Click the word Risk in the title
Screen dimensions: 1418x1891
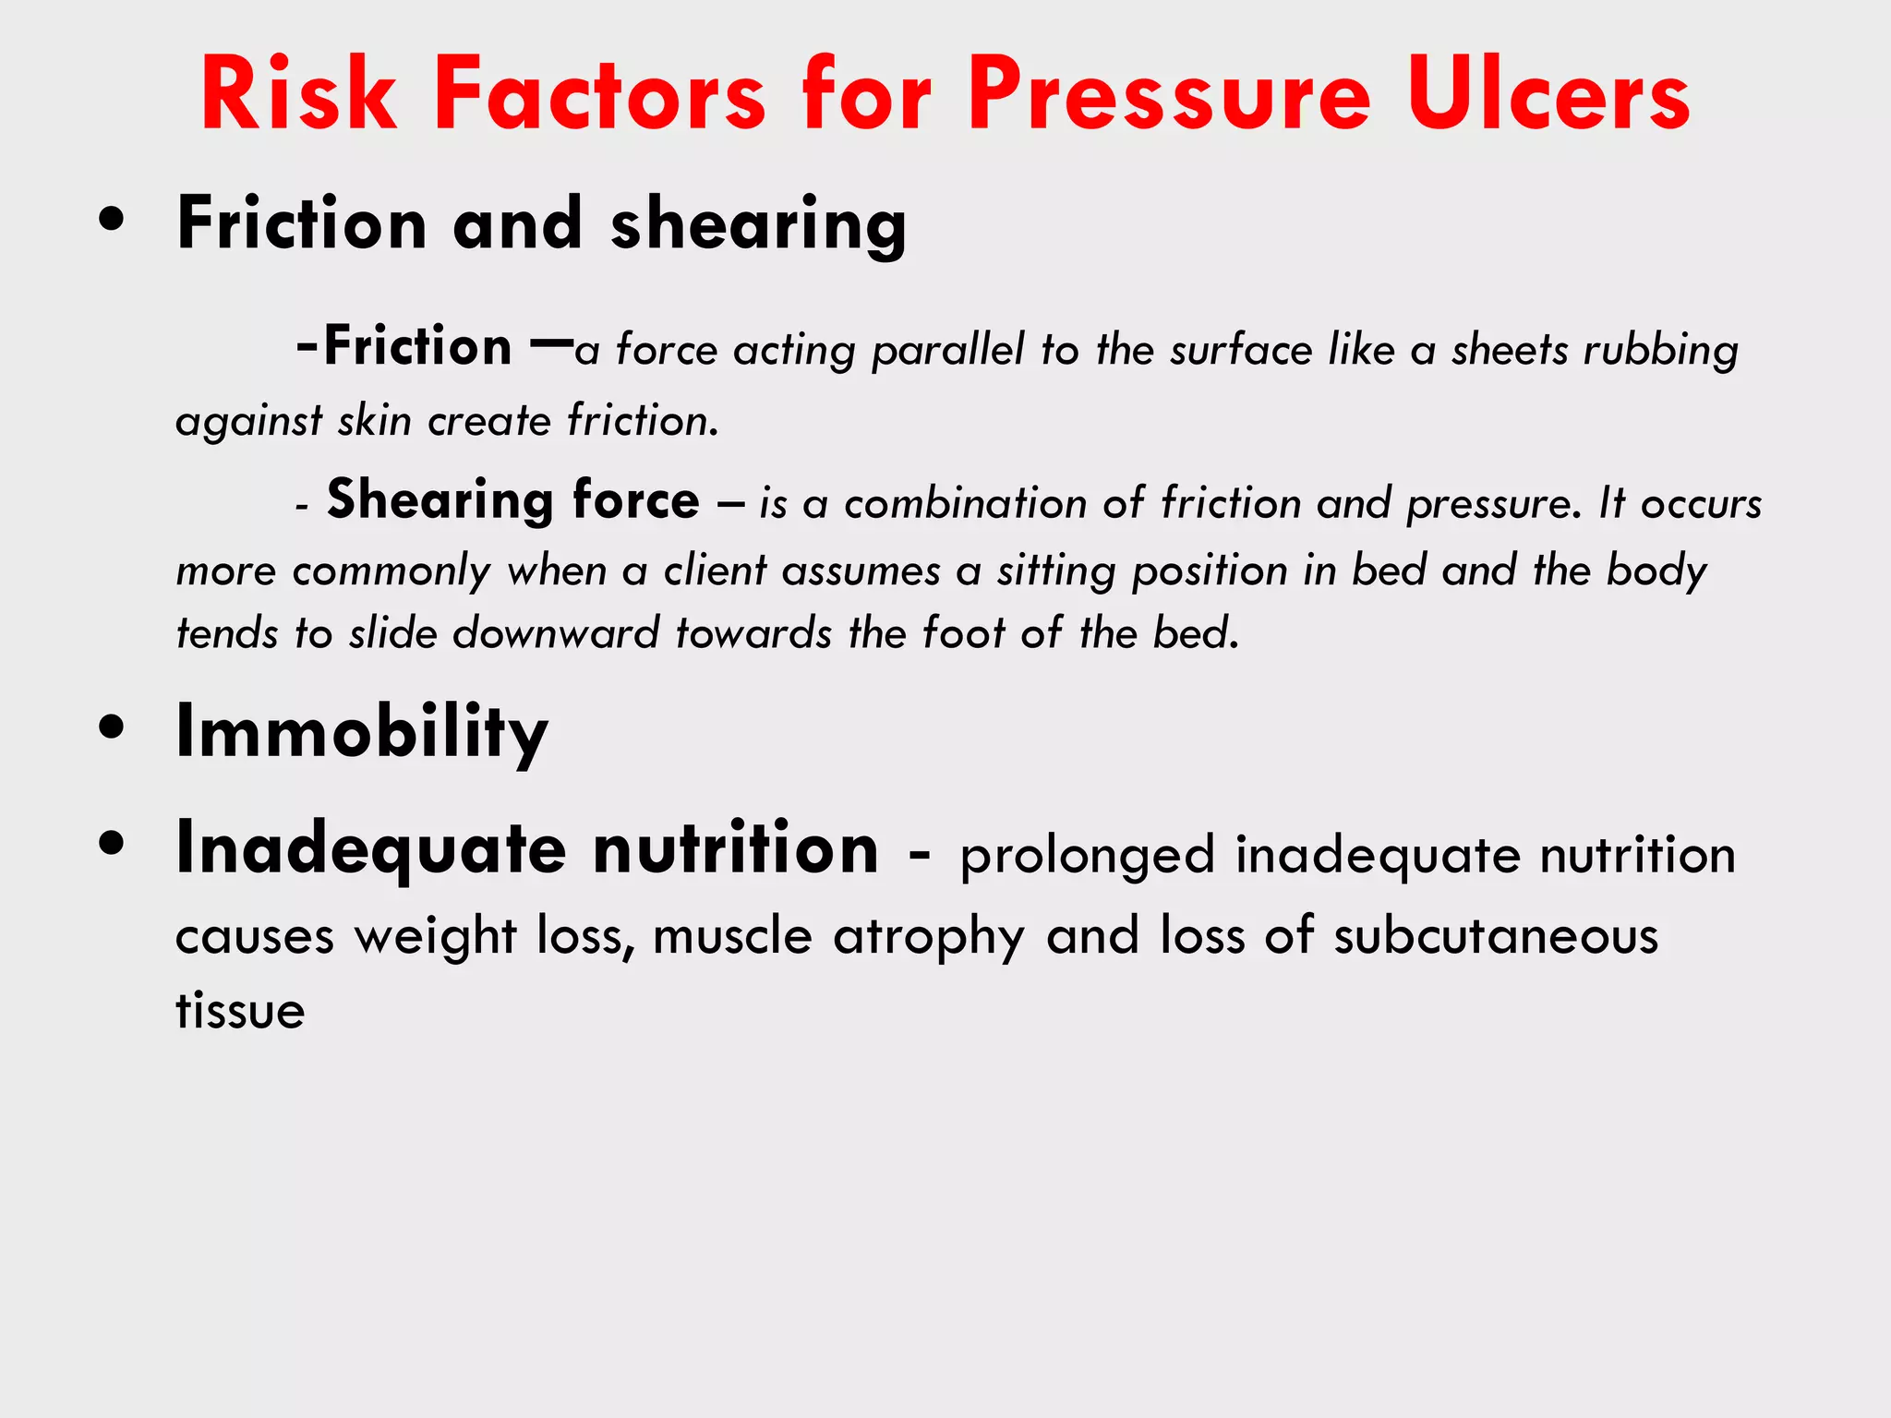pos(298,95)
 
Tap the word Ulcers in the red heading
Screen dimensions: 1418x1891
pos(1548,95)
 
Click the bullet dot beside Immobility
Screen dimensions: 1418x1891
pos(112,727)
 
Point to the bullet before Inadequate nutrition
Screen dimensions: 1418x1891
pos(112,844)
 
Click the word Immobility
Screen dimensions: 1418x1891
pos(362,731)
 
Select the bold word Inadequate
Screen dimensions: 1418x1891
pos(370,849)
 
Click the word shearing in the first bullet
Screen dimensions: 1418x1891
pos(758,224)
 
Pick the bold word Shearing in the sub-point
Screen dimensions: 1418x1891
pos(440,500)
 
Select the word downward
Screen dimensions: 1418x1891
pos(556,634)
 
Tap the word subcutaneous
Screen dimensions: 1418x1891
pos(1496,936)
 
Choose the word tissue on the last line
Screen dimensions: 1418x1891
pos(240,1010)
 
